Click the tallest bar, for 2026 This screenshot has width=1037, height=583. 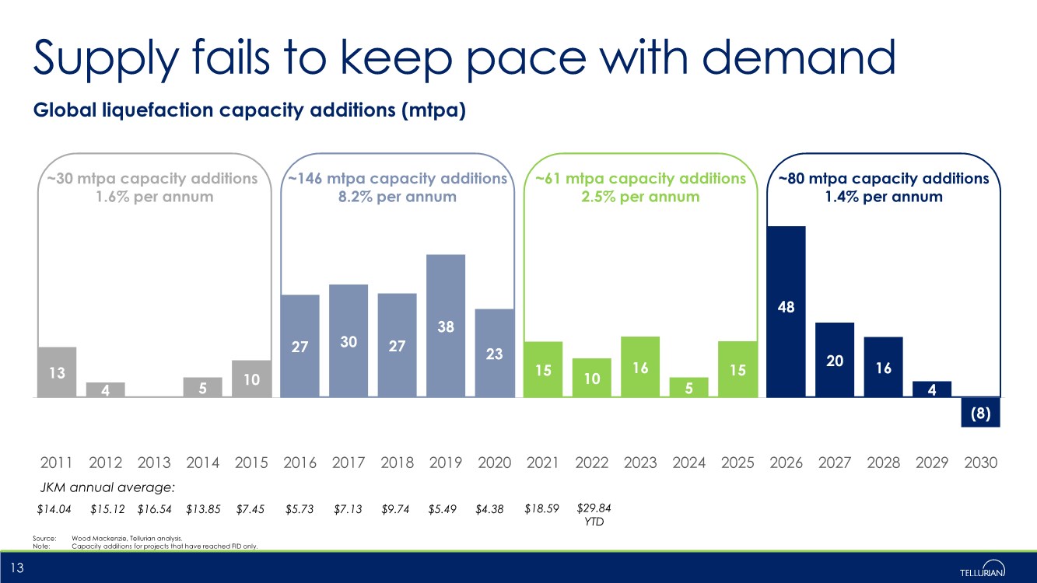[786, 311]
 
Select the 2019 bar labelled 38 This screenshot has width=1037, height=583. [446, 326]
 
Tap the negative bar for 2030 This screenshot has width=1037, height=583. [980, 412]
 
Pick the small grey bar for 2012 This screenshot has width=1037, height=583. [106, 389]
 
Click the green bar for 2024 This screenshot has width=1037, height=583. [688, 387]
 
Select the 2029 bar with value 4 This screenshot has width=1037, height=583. [932, 389]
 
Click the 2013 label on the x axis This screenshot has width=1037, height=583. [154, 463]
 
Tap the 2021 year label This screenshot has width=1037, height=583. [543, 463]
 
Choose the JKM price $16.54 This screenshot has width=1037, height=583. [154, 509]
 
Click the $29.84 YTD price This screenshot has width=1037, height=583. [593, 514]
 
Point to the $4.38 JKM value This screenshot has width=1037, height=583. [489, 509]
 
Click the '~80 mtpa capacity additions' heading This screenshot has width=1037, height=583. [883, 179]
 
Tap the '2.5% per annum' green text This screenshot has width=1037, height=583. [640, 197]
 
